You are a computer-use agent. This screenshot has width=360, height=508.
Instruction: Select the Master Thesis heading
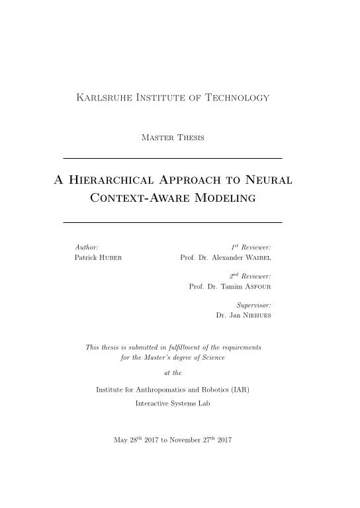(173, 138)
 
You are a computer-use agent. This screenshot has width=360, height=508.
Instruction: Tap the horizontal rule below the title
(172, 222)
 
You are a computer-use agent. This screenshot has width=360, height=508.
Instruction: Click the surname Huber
(111, 257)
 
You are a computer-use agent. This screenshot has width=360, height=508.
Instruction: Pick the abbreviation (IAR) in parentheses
(238, 389)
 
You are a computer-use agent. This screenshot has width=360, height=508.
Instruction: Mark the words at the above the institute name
(172, 372)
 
